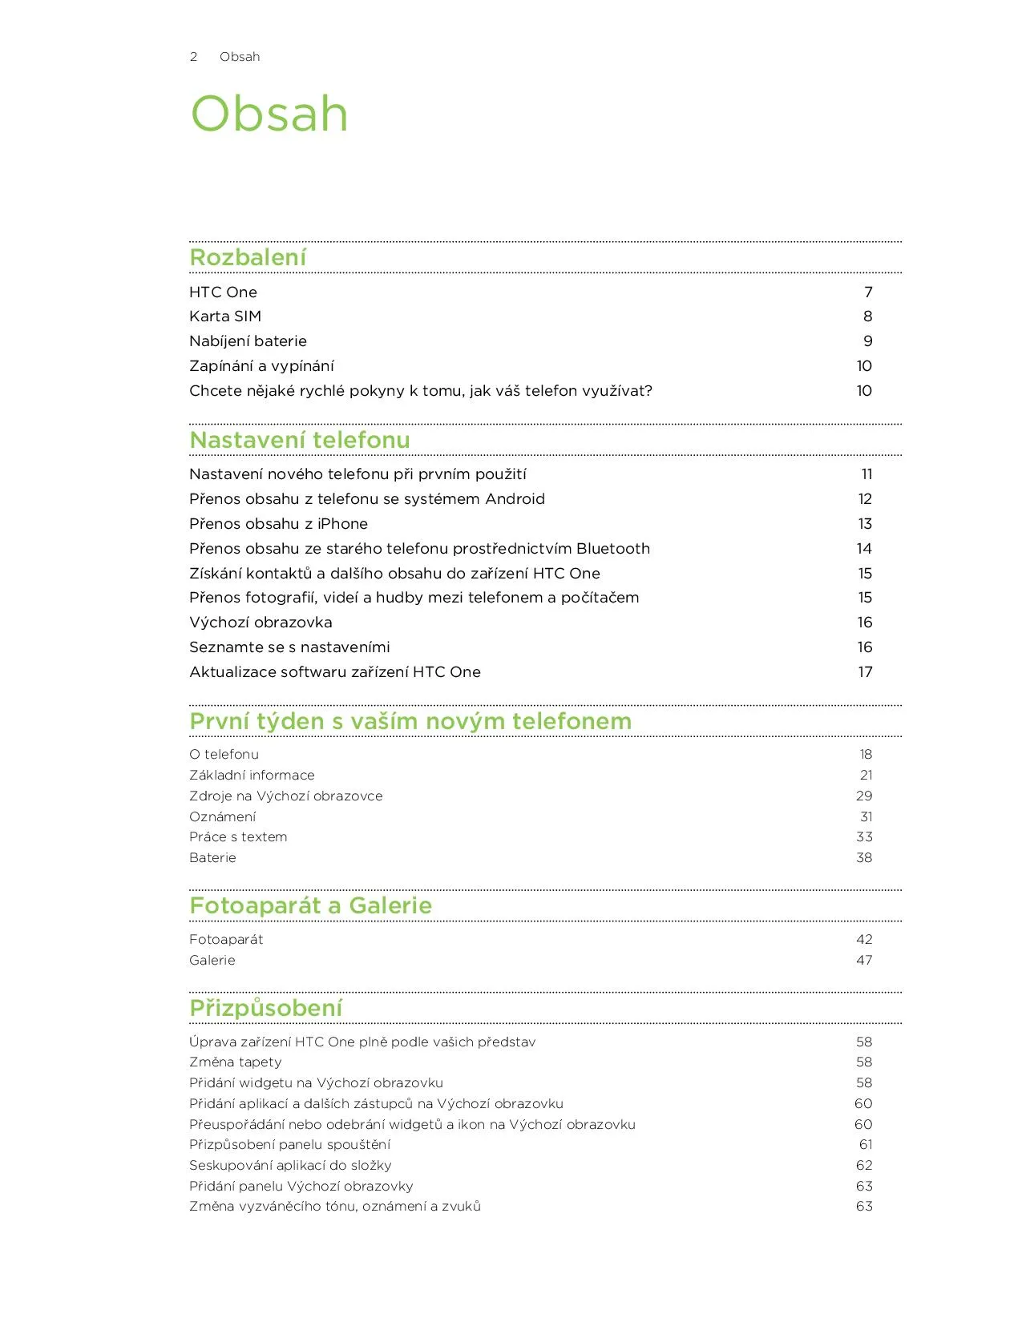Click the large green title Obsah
[x=269, y=114]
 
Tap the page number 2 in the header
[x=193, y=57]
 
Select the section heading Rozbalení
[x=248, y=257]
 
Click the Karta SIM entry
[x=225, y=316]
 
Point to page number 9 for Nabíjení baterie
[x=867, y=341]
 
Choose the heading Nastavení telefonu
[x=299, y=440]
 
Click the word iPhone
[x=342, y=524]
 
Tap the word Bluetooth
[x=613, y=549]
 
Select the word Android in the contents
[x=515, y=499]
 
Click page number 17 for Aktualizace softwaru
[x=865, y=672]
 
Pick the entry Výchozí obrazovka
[x=261, y=623]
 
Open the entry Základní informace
[x=252, y=776]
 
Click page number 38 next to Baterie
[x=864, y=858]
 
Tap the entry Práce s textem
[x=238, y=837]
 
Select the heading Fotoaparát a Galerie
[x=310, y=905]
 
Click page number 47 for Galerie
[x=864, y=961]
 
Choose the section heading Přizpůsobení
[x=265, y=1008]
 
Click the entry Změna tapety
[x=236, y=1062]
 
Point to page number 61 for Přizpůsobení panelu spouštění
[x=866, y=1145]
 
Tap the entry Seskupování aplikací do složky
[x=290, y=1166]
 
